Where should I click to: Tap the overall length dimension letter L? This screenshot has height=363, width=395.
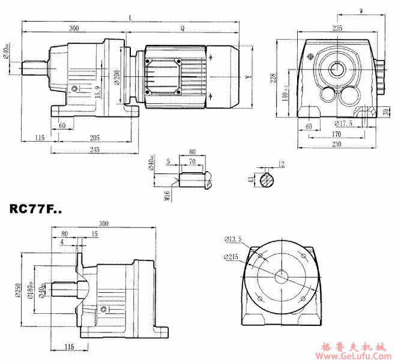click(130, 18)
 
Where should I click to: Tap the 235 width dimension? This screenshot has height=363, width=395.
click(337, 28)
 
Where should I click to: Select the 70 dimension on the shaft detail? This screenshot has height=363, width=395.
click(192, 162)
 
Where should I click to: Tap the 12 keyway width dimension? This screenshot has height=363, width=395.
click(282, 164)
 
